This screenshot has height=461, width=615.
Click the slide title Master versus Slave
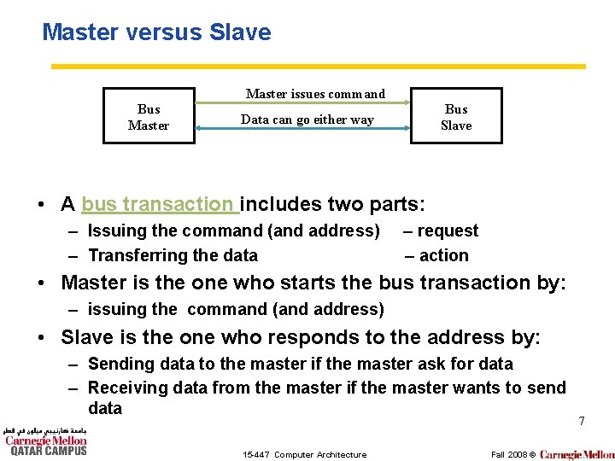point(156,32)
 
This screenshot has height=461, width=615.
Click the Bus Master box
point(149,117)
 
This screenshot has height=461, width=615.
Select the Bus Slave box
point(456,117)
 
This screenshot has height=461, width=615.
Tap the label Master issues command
point(315,94)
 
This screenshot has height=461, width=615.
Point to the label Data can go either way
point(307,120)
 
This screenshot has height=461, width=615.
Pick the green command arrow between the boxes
point(303,102)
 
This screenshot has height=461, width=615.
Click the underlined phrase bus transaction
point(159,204)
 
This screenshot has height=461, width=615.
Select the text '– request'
point(441,230)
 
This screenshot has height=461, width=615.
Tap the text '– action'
point(436,255)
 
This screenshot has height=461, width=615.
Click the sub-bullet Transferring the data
point(173,255)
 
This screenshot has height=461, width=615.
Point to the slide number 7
point(581,421)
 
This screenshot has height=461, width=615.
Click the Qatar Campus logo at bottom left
point(47,441)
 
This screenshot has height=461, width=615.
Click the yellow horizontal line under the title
point(318,67)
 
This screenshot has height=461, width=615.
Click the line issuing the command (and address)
point(236,309)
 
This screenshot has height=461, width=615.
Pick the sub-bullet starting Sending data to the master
point(300,364)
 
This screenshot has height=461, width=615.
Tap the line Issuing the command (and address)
point(233,230)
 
